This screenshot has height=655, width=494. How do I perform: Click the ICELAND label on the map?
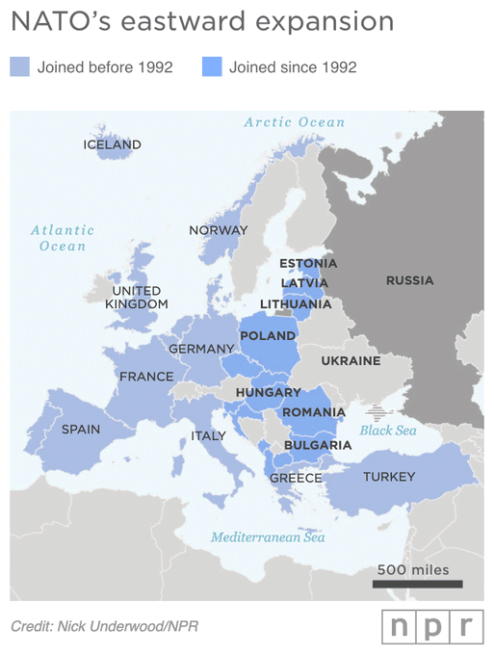112,144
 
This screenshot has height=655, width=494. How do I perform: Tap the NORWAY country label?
218,230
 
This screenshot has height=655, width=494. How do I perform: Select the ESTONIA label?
307,263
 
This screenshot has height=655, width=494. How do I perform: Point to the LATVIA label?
304,283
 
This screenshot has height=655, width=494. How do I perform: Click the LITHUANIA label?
295,303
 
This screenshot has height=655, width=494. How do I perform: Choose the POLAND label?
268,336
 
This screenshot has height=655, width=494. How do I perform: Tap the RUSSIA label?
409,280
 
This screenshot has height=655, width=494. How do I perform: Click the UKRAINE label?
351,361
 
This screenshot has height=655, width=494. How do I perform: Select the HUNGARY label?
269,393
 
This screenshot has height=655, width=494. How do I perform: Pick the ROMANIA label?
313,412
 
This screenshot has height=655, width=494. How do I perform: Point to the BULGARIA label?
318,445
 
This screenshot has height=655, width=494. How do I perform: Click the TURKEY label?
389,477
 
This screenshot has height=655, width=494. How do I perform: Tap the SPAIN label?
80,429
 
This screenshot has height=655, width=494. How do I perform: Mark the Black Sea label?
388,431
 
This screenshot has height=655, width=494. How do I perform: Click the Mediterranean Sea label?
268,537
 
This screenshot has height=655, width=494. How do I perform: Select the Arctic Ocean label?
294,122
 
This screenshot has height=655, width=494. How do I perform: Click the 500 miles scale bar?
417,584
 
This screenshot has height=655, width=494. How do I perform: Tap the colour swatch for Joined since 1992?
212,66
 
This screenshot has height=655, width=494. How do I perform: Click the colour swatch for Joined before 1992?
20,66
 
